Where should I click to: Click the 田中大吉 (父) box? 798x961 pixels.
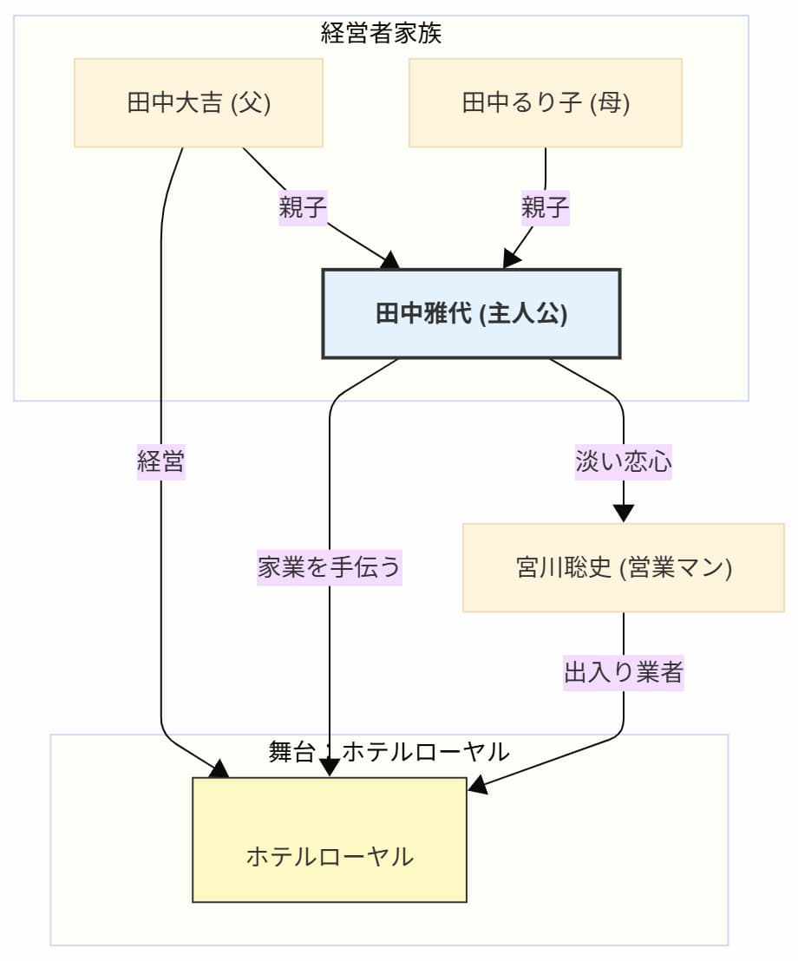199,103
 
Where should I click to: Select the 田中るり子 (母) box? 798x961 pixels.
545,103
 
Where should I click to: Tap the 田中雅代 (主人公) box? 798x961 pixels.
471,313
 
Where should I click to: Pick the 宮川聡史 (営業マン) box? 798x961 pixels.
623,568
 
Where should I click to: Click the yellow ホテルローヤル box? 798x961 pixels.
330,840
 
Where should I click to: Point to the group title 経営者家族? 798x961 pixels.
382,34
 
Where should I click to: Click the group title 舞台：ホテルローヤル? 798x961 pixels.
389,751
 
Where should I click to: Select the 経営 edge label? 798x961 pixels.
161,461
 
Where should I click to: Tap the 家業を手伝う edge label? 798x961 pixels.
330,568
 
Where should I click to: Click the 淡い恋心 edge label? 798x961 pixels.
623,461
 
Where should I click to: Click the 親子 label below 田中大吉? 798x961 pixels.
302,208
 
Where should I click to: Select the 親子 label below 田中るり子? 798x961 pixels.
545,208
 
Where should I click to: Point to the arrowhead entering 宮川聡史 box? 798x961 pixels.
623,513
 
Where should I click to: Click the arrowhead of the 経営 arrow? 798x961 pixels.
220,769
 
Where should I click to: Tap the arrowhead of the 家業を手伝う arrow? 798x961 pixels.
330,768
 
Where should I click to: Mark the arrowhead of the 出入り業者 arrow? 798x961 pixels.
477,787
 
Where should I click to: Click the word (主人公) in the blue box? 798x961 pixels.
527,313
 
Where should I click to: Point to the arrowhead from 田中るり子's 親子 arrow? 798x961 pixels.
510,259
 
